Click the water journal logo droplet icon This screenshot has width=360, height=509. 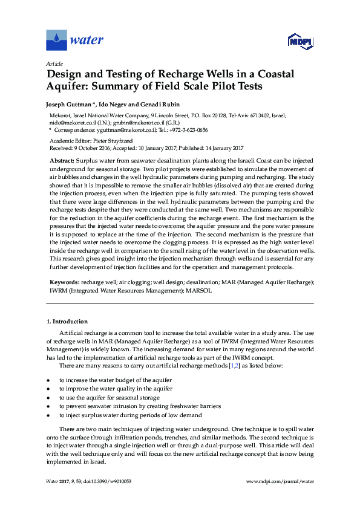point(56,41)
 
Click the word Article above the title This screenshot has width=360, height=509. point(54,63)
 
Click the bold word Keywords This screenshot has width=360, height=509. point(64,282)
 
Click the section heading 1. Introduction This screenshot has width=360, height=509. point(67,321)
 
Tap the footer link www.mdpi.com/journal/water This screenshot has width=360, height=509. point(281,481)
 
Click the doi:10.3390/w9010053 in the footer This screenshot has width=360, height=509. point(113,481)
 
